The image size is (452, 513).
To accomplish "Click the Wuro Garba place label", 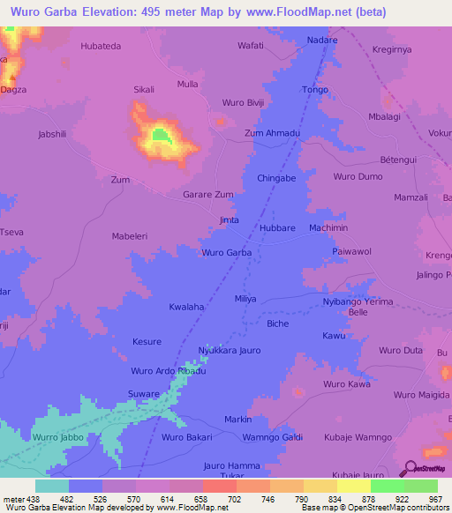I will click(x=227, y=253).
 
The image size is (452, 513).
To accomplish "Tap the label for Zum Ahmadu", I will click(x=273, y=133).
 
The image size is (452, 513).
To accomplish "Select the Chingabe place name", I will click(x=275, y=178).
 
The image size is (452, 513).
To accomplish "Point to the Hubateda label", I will click(x=100, y=45).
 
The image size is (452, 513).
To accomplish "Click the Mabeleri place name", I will click(x=133, y=236).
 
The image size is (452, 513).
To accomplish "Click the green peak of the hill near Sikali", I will click(x=160, y=135).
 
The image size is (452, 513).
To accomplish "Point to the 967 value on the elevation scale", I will click(x=437, y=499).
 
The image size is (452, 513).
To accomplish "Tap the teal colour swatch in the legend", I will click(x=51, y=486).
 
